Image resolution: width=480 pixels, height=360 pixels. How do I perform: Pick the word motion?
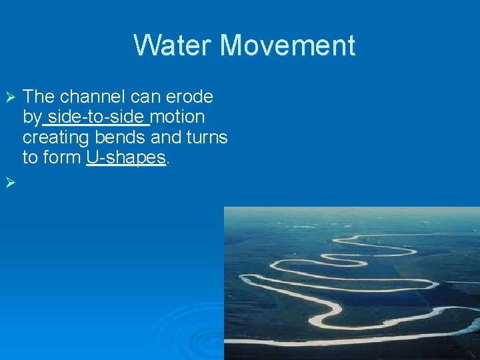click(178, 117)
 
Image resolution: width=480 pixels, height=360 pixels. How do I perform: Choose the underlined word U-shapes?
click(125, 157)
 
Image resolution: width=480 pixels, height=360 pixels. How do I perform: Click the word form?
click(62, 157)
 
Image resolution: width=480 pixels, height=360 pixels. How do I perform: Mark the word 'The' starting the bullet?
click(39, 97)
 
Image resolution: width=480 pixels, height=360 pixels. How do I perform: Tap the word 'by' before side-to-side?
click(31, 118)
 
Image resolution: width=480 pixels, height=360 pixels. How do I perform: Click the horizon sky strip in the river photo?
click(351, 213)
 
